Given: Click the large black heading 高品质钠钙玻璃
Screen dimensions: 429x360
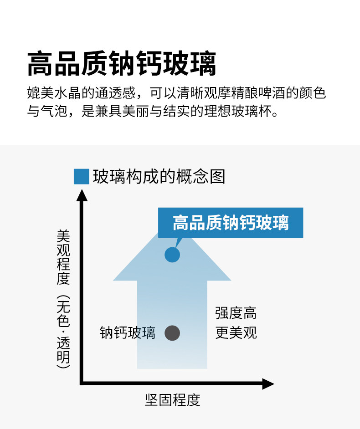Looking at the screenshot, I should [x=122, y=64].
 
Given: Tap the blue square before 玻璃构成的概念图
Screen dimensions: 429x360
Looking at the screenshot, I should [x=81, y=177].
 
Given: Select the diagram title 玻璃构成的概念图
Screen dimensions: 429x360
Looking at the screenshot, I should [x=159, y=176].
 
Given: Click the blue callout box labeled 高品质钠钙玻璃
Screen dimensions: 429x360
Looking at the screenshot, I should [x=231, y=223].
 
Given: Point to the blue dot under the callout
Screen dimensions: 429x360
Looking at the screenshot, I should [x=172, y=255].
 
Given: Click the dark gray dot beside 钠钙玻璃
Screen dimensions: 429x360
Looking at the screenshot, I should [x=172, y=333].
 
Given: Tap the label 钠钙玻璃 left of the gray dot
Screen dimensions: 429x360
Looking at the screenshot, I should [x=128, y=333].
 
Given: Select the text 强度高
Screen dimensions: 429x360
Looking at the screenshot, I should [x=236, y=313].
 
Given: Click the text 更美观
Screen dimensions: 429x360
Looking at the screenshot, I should [x=236, y=333].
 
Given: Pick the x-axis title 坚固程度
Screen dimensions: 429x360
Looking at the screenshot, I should [x=172, y=400].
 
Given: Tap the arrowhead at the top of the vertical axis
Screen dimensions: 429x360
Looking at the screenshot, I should [x=82, y=195].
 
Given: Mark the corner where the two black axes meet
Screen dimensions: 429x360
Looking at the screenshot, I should [x=82, y=383].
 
